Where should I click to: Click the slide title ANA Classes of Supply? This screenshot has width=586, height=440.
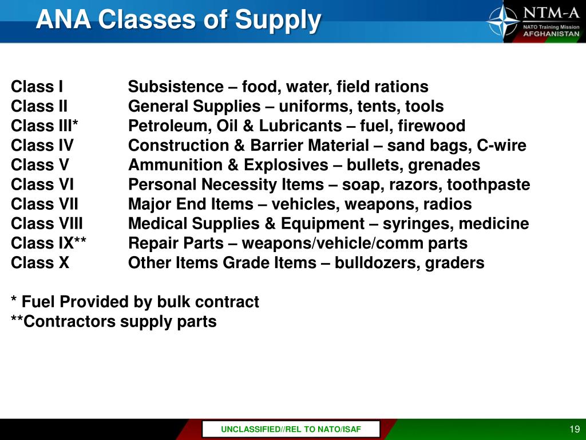[x=178, y=21]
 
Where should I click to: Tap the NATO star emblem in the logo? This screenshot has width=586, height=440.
[x=503, y=21]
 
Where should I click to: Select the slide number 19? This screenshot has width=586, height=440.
[x=575, y=430]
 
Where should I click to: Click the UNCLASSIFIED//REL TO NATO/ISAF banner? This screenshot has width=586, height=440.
[x=291, y=430]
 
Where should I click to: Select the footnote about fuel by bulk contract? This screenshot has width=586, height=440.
[x=135, y=302]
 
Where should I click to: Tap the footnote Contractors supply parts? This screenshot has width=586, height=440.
[x=114, y=321]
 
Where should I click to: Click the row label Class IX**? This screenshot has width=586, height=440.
[x=49, y=243]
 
